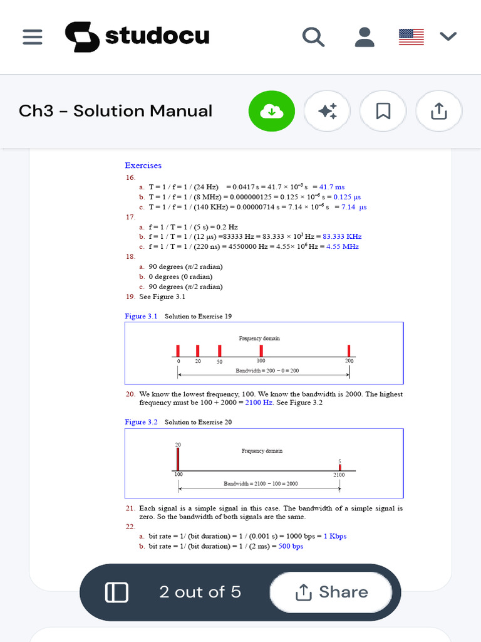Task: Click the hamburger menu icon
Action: [32, 37]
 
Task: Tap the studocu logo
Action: [137, 37]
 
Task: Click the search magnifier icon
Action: [313, 37]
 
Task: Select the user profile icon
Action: [364, 37]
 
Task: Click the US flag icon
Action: [411, 37]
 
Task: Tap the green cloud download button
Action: [271, 112]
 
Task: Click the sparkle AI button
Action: [327, 112]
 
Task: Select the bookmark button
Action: [383, 112]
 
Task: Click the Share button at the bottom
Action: [331, 592]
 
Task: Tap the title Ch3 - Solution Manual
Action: [115, 111]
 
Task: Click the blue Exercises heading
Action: [143, 166]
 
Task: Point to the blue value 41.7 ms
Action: [332, 187]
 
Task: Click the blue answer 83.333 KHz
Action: [342, 236]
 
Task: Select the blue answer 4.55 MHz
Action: [342, 246]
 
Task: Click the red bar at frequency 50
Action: [219, 350]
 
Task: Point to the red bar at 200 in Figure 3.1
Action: [349, 350]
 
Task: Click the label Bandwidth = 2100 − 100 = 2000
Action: [261, 484]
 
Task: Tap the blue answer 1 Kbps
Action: [334, 536]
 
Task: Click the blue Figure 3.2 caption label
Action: [141, 422]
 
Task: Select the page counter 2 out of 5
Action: [200, 592]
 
